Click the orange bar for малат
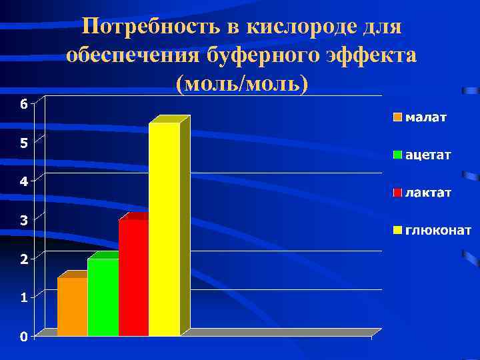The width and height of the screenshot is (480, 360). pyautogui.click(x=72, y=307)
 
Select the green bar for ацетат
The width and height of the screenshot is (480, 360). pyautogui.click(x=103, y=297)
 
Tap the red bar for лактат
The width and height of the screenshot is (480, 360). pyautogui.click(x=133, y=277)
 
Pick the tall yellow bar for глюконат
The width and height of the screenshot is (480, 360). pyautogui.click(x=164, y=229)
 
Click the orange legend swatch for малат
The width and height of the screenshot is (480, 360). pyautogui.click(x=397, y=118)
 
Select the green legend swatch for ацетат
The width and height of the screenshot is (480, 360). pyautogui.click(x=397, y=155)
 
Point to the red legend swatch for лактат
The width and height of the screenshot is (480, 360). pyautogui.click(x=397, y=193)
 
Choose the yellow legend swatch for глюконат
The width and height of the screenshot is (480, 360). pyautogui.click(x=397, y=231)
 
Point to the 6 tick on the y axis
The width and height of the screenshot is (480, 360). pyautogui.click(x=23, y=104)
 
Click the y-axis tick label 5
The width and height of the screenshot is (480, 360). pyautogui.click(x=23, y=143)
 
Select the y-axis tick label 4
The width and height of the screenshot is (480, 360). pyautogui.click(x=23, y=181)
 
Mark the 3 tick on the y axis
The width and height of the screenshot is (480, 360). pyautogui.click(x=23, y=220)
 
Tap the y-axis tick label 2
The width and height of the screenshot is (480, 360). pyautogui.click(x=23, y=259)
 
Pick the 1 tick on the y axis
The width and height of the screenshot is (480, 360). pyautogui.click(x=23, y=298)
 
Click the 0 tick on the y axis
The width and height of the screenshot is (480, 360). pyautogui.click(x=23, y=337)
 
